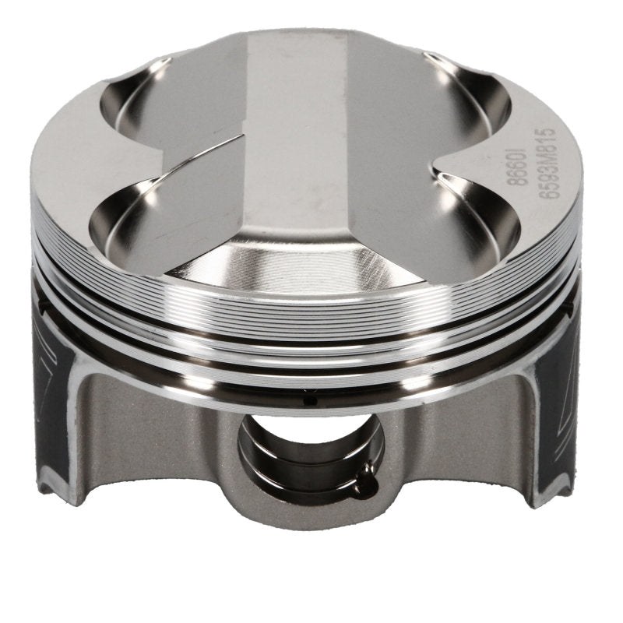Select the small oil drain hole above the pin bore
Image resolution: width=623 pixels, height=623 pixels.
[307, 402]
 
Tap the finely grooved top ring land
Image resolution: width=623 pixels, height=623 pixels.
[311, 311]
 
